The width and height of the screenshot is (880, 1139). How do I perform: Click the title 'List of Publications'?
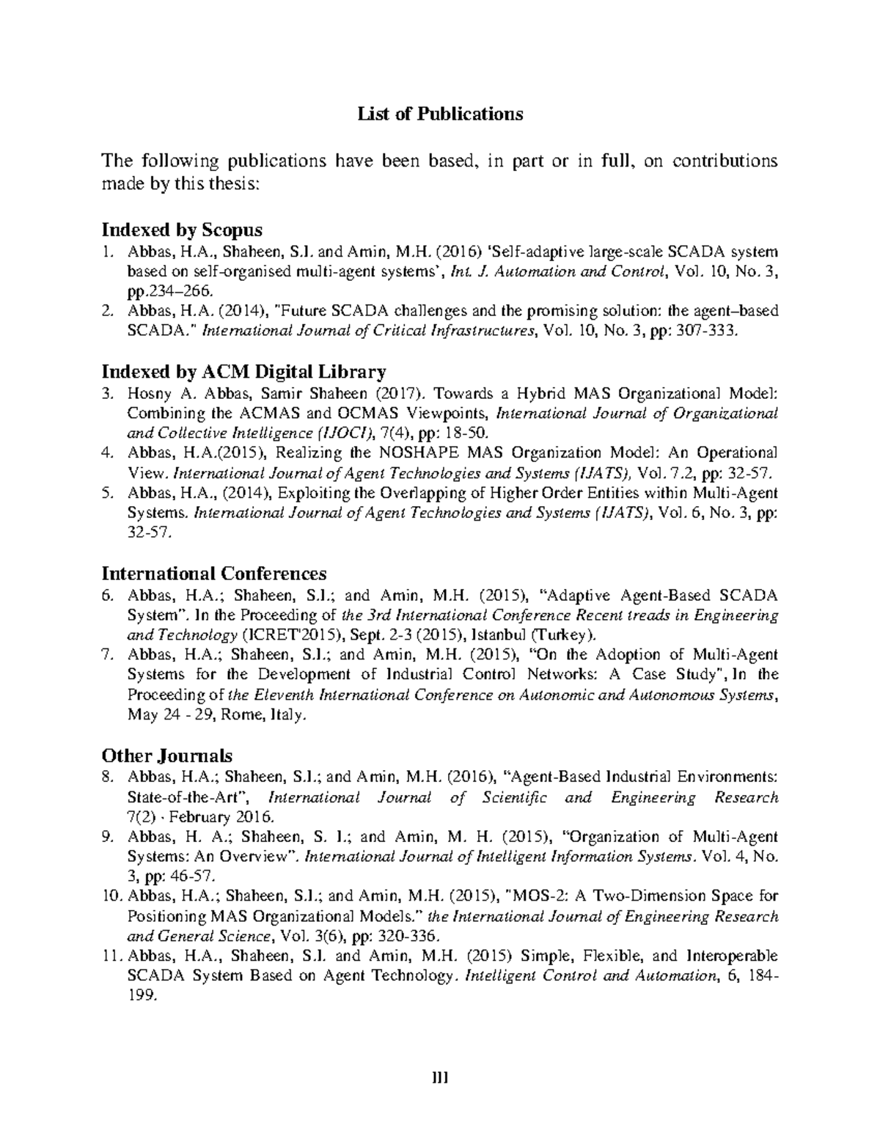tap(439, 114)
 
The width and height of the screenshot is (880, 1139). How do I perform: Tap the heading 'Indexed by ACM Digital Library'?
tap(243, 371)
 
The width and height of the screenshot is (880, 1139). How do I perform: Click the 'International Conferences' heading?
tap(213, 573)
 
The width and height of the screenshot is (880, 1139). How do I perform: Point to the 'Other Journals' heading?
tap(166, 755)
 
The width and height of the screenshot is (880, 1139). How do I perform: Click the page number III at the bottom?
tap(439, 1078)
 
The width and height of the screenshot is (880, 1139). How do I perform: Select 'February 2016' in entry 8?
tap(221, 816)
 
